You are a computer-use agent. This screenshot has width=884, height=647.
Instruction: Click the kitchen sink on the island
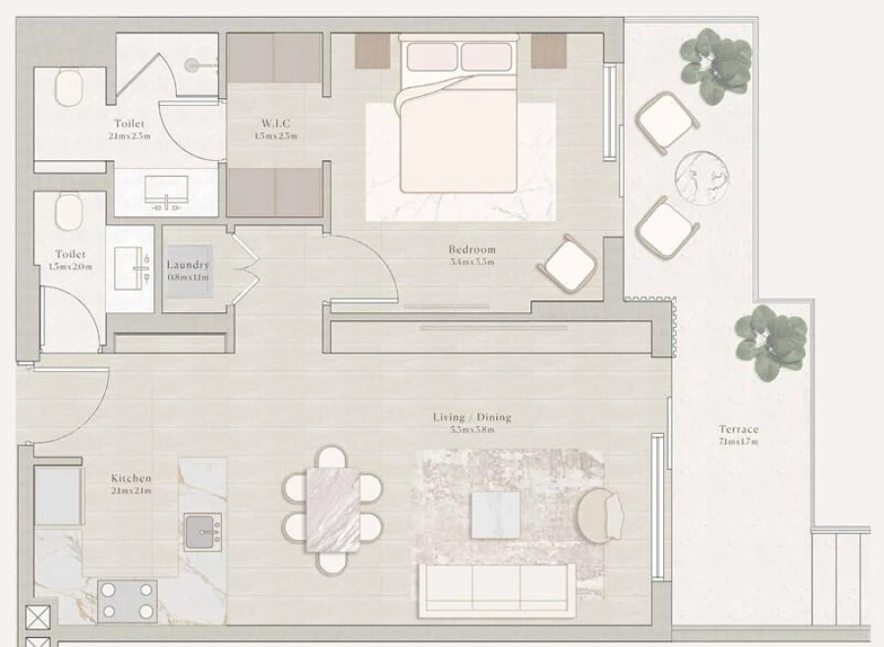tap(202, 531)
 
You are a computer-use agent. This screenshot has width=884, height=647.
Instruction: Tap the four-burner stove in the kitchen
tap(128, 600)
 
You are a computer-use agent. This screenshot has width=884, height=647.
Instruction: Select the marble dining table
tap(333, 509)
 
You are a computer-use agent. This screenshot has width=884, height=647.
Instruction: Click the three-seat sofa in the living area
tap(496, 589)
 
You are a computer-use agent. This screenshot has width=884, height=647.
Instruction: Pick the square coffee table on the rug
tap(495, 514)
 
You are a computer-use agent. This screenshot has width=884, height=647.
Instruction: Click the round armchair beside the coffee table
tap(598, 516)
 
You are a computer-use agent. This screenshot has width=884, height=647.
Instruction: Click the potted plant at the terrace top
tap(716, 65)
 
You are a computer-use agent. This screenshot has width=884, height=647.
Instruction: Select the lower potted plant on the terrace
tap(771, 342)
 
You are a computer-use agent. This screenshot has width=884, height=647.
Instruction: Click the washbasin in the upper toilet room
tap(166, 192)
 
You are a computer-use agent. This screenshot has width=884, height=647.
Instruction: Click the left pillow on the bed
tap(431, 57)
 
